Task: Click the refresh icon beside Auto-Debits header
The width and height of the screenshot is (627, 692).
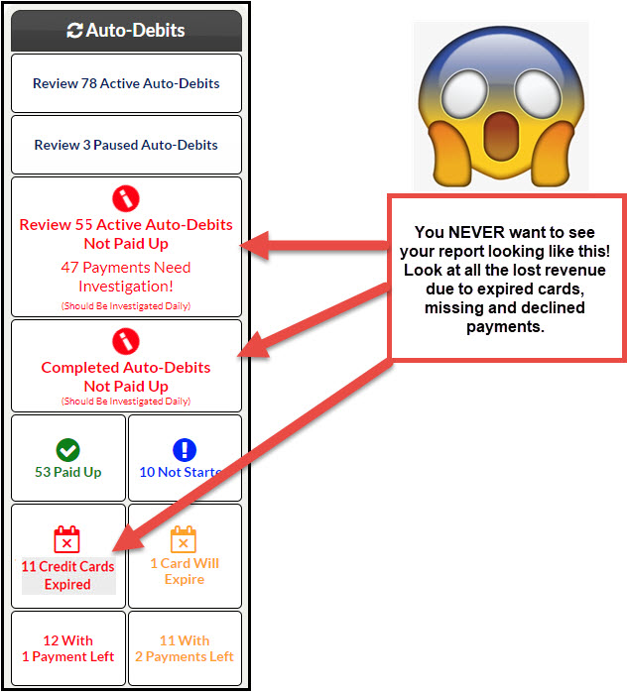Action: tap(74, 31)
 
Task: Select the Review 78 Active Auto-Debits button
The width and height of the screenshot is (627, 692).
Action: tap(126, 83)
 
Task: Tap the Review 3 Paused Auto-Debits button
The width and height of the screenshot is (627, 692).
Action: tap(126, 145)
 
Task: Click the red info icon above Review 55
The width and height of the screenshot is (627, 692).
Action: tap(126, 198)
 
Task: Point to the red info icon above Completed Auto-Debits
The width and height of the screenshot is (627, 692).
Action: tap(126, 341)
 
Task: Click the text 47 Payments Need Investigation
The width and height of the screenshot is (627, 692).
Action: tap(126, 277)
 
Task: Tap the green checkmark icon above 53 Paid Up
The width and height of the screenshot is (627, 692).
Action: tap(68, 450)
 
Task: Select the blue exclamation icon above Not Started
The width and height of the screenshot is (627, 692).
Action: tap(185, 450)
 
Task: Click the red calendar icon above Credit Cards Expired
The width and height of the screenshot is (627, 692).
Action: tap(66, 539)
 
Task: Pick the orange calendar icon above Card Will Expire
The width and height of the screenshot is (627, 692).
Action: tap(184, 539)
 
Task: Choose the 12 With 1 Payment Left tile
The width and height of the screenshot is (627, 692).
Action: tap(68, 647)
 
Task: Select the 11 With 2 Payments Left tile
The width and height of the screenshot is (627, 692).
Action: tap(185, 647)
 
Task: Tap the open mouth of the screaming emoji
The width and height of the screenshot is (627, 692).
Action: tap(501, 136)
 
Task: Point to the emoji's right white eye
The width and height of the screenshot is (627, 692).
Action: tap(538, 90)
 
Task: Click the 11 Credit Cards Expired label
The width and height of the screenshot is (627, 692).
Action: tap(67, 575)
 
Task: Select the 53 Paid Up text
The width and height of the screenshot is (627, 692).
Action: tap(68, 472)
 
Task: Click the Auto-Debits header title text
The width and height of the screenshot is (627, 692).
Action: tap(135, 31)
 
